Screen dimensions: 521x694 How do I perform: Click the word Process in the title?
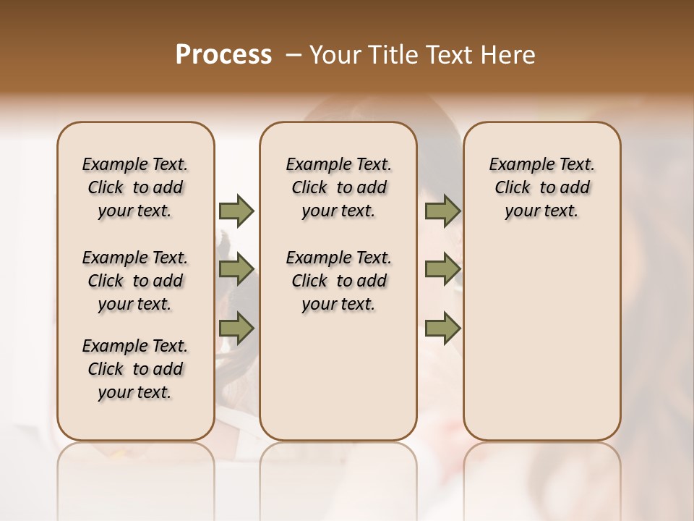[223, 55]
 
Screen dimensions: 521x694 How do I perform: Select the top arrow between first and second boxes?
[236, 211]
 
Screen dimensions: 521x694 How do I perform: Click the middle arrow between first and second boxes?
[236, 269]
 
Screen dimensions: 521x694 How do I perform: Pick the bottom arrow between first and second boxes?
[236, 329]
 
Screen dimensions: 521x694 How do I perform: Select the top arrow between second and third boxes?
[442, 211]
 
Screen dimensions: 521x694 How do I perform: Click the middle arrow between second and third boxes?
[442, 269]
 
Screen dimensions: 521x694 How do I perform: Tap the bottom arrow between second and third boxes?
[442, 329]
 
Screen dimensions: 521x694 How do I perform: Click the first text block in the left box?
[135, 187]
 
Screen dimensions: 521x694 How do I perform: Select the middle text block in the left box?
[135, 281]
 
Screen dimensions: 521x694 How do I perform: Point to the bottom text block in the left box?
[135, 369]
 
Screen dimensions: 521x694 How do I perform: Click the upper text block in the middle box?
[338, 187]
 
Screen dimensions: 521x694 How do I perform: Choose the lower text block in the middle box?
[338, 281]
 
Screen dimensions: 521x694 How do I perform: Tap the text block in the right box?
[541, 187]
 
